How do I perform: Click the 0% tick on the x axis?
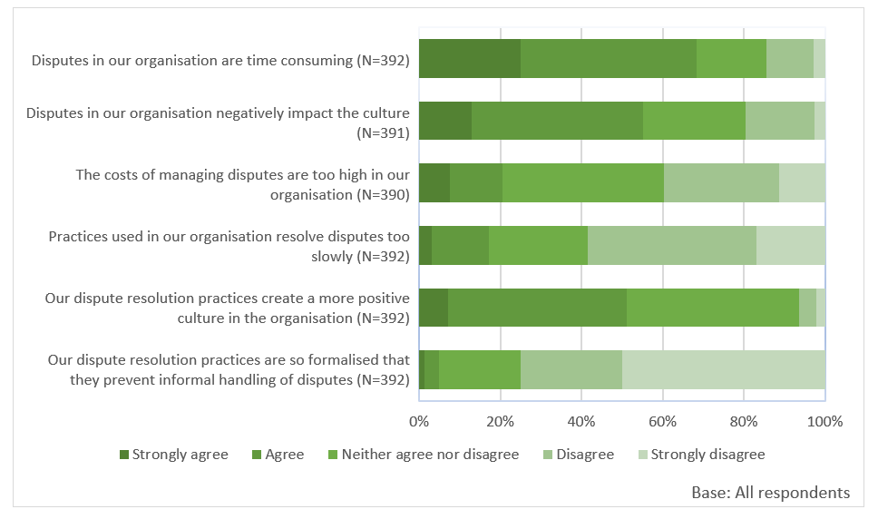(x=419, y=421)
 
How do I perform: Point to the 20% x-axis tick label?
(x=500, y=421)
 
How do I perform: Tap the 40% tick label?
(x=581, y=421)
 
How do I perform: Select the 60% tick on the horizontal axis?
(x=662, y=421)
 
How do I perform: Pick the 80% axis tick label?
(x=744, y=421)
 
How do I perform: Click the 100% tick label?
(x=824, y=421)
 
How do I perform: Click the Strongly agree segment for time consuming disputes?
(x=470, y=59)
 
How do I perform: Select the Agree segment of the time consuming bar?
(x=609, y=59)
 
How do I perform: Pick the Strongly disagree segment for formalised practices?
(x=723, y=369)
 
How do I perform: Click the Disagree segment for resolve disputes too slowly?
(x=672, y=245)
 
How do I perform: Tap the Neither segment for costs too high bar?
(x=583, y=183)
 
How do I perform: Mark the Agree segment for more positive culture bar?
(x=537, y=308)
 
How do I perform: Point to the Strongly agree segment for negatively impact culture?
(x=445, y=121)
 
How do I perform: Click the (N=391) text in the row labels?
(x=383, y=132)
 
